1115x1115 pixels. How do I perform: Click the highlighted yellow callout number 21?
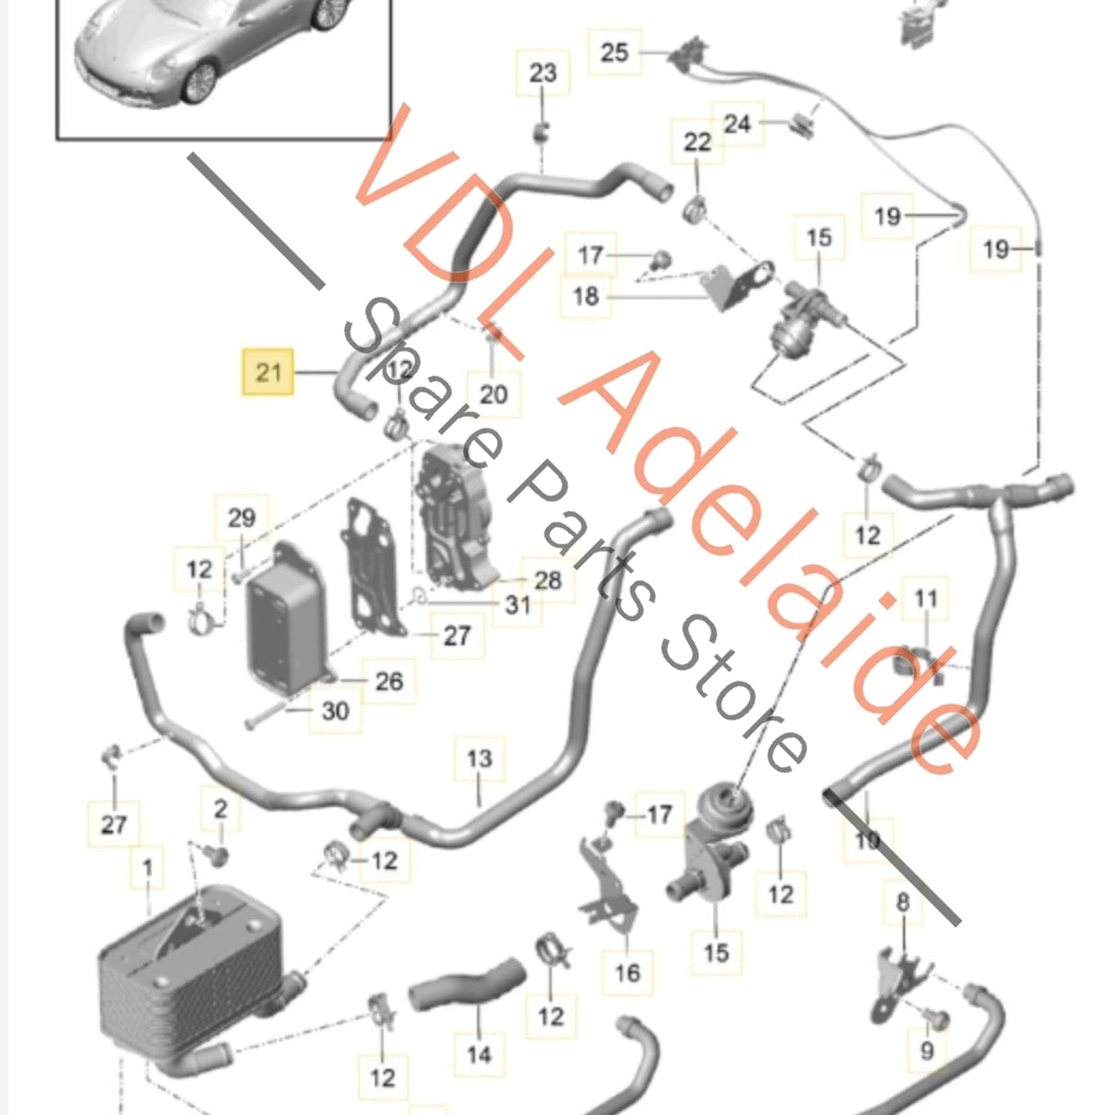point(268,373)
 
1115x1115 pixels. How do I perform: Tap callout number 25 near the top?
point(614,52)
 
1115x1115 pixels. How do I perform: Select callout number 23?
point(542,73)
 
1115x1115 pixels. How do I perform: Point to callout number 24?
point(737,123)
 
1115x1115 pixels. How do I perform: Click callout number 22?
point(697,142)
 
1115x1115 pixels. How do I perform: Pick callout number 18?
point(586,296)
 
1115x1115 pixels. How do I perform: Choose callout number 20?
point(493,394)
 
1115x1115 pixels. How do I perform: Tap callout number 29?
point(241,518)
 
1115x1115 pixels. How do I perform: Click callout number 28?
point(547,580)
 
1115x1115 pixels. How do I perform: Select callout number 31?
point(518,605)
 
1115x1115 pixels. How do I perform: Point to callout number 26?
point(389,681)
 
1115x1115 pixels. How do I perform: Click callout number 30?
point(335,711)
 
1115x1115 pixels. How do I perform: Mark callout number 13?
point(478,759)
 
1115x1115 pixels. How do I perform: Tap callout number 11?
point(925,598)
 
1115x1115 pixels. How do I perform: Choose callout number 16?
point(627,972)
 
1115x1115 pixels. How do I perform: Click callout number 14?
point(478,1054)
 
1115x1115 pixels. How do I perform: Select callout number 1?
point(147,869)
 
